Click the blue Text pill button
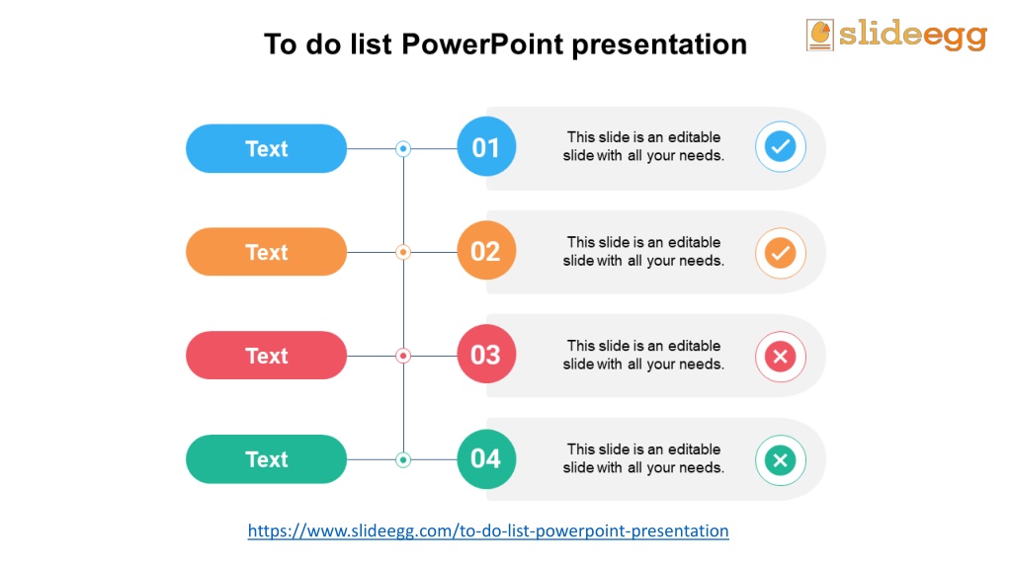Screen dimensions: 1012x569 (x=266, y=148)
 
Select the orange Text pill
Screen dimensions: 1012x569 (x=266, y=252)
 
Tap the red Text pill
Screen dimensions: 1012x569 (x=266, y=356)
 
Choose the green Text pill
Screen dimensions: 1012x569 (x=266, y=459)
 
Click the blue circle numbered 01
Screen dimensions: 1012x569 (x=486, y=146)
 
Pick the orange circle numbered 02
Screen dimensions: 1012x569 (x=486, y=250)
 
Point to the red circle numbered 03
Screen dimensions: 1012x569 (x=486, y=355)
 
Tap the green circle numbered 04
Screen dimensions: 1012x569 (x=486, y=458)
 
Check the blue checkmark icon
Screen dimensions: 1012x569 (x=781, y=146)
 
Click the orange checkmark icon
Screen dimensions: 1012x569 (x=781, y=253)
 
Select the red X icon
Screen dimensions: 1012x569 (x=781, y=356)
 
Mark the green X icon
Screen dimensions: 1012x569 (x=781, y=460)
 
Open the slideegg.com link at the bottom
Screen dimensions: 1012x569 (x=488, y=530)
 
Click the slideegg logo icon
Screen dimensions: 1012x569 (x=819, y=35)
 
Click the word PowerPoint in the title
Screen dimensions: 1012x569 (x=482, y=44)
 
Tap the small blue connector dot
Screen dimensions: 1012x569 (x=403, y=149)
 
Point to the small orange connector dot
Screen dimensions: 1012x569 (x=403, y=252)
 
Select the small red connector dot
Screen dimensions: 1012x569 (x=403, y=356)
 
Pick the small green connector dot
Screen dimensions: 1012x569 (x=403, y=460)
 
